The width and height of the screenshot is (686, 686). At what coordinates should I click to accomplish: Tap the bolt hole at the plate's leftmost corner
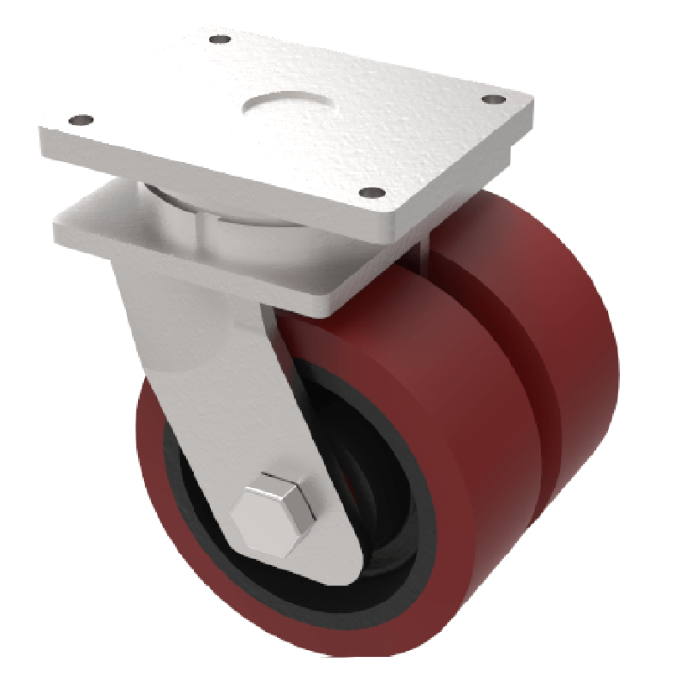pyautogui.click(x=81, y=119)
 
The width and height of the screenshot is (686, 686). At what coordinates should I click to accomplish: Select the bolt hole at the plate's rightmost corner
pyautogui.click(x=490, y=100)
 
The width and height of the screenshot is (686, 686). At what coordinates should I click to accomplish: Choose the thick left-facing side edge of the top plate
pyautogui.click(x=206, y=180)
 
